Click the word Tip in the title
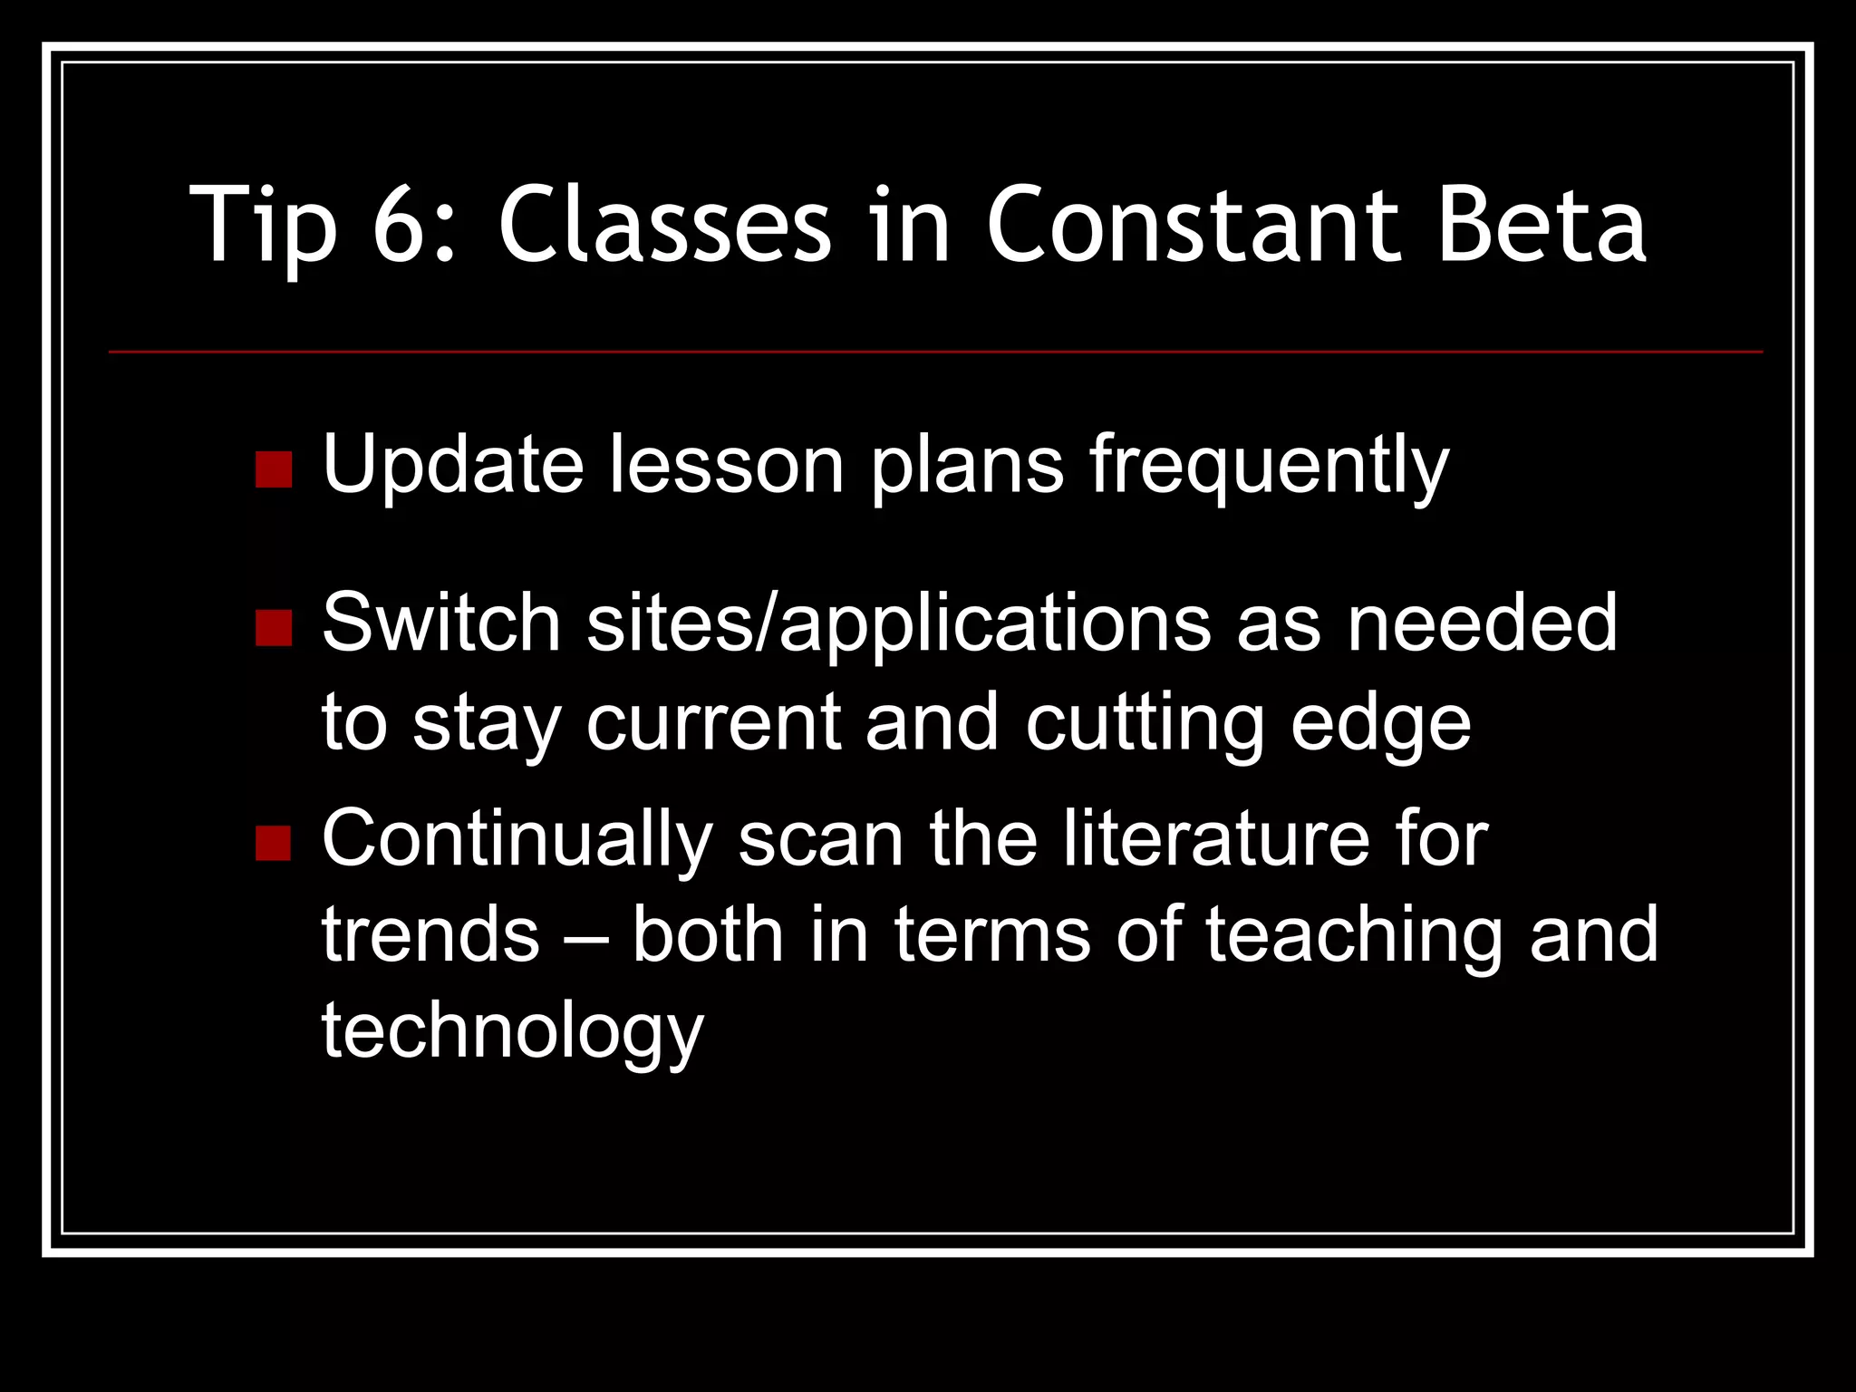click(264, 225)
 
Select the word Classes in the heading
click(664, 225)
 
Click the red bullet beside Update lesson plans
click(274, 469)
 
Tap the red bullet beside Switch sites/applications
click(274, 627)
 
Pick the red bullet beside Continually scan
click(274, 843)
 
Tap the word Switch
click(441, 623)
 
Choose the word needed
click(1482, 623)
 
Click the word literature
click(1215, 839)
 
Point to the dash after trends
click(585, 937)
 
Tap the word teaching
click(1354, 937)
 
